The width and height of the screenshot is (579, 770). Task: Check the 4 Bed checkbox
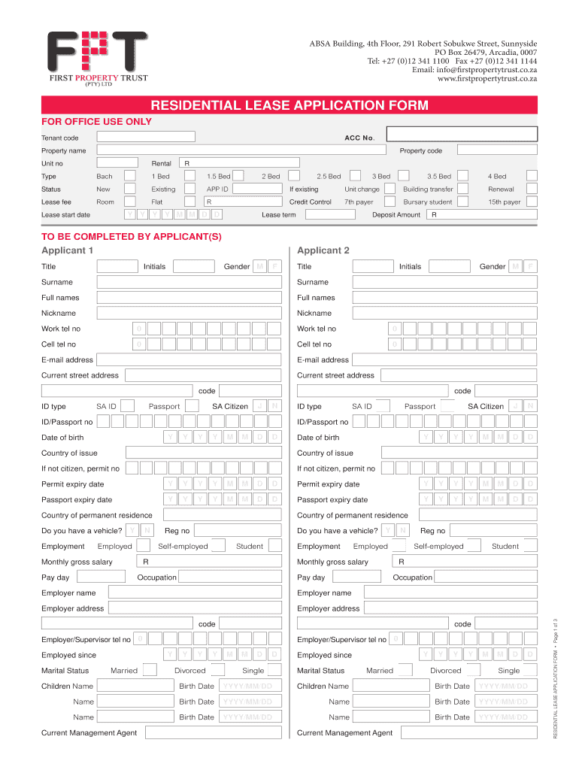point(532,176)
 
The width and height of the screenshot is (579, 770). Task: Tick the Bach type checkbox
point(130,176)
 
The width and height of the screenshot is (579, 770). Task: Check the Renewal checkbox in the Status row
point(532,189)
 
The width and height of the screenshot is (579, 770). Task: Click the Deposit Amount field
point(481,215)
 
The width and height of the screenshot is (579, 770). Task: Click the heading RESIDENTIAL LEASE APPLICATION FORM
point(289,105)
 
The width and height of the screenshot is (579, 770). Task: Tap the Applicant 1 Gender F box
point(275,266)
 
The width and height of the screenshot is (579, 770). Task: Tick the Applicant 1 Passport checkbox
point(192,406)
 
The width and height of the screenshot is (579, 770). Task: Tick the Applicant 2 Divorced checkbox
point(473,671)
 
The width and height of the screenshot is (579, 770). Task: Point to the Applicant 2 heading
point(323,250)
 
